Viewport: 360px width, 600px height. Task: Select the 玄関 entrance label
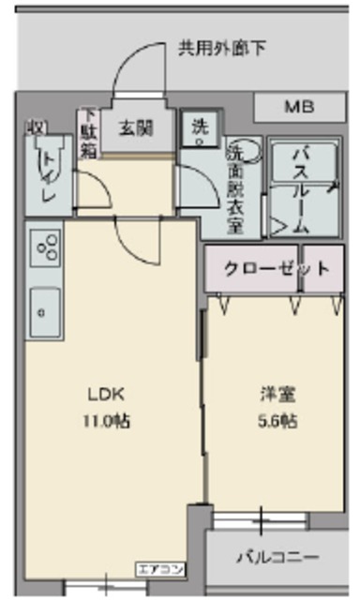[135, 127]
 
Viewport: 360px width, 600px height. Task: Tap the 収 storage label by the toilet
[36, 126]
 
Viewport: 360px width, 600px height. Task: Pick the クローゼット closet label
[276, 268]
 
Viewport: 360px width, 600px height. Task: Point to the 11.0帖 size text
[106, 421]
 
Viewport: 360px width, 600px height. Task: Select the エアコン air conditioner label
[161, 566]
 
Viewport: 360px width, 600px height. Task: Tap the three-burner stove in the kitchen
[44, 247]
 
